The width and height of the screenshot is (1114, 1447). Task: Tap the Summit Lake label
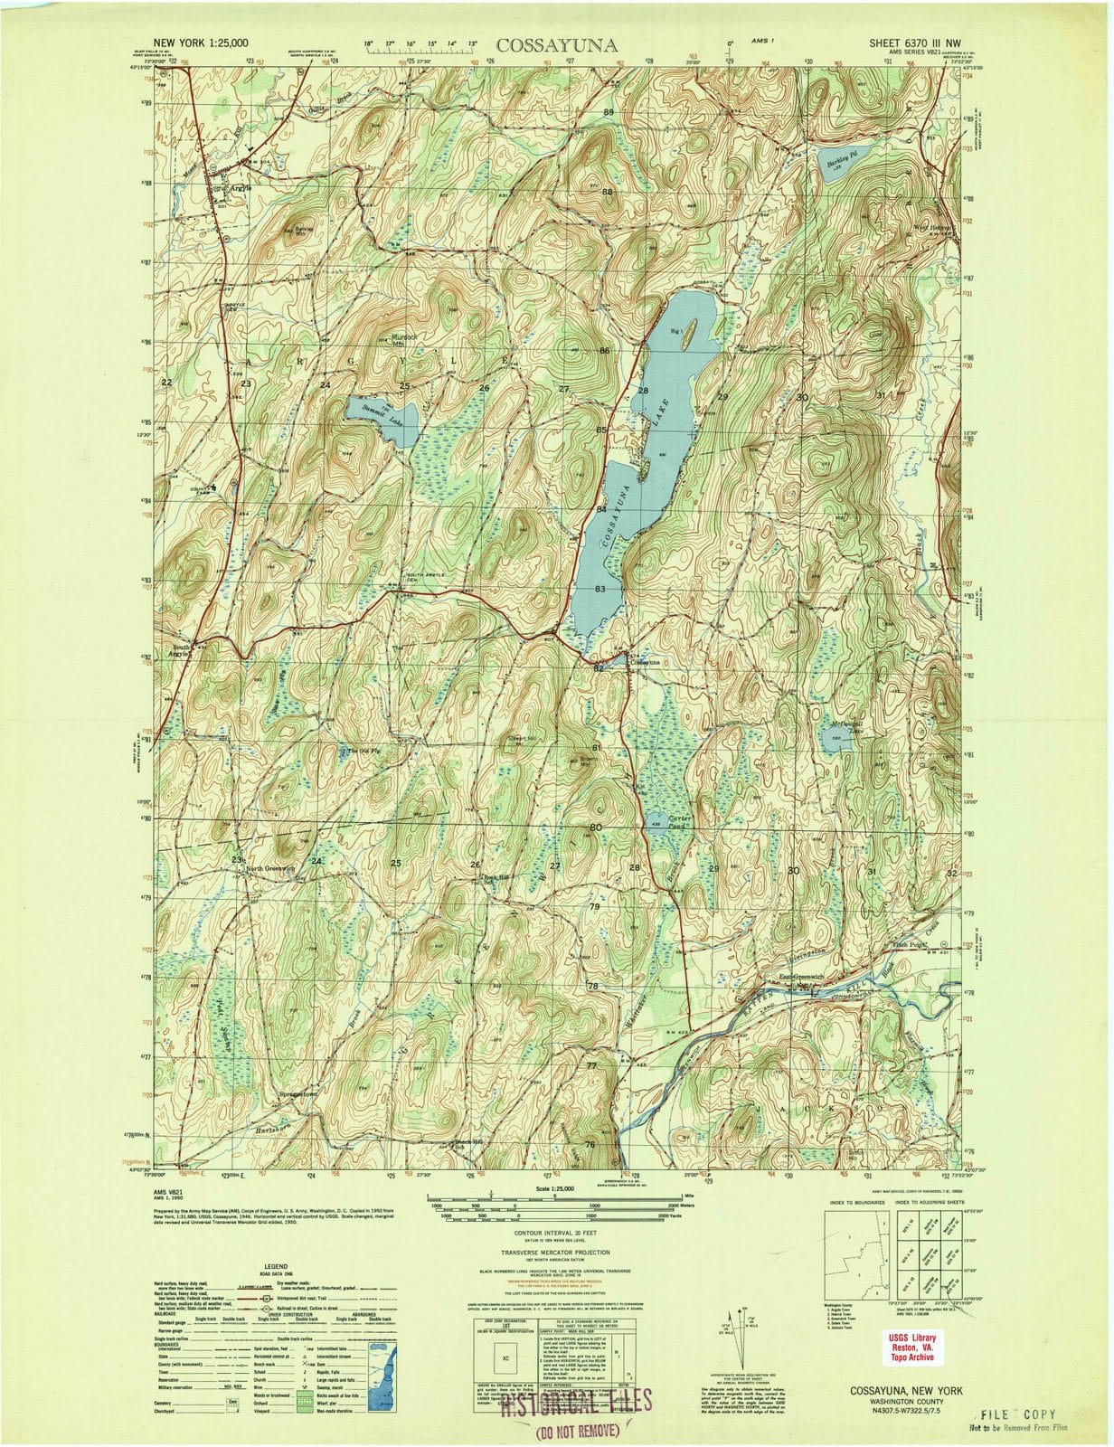pos(372,411)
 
